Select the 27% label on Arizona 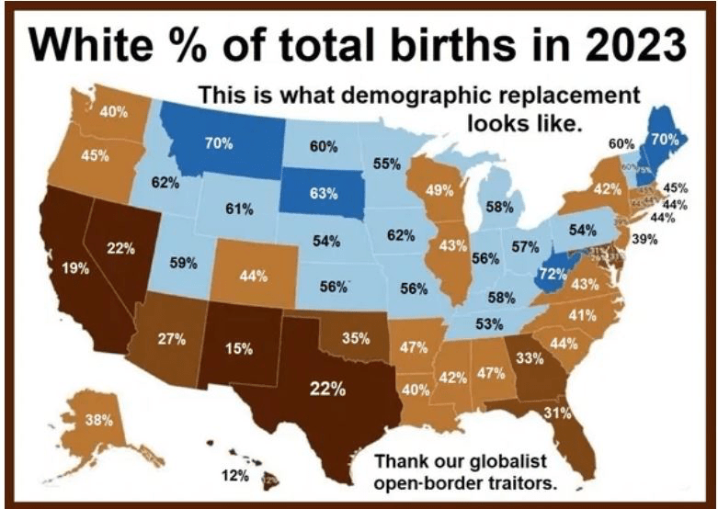pos(172,339)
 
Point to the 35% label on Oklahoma pos(356,338)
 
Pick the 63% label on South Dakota pos(324,194)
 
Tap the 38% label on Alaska pos(98,421)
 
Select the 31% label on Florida pos(558,413)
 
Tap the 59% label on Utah pos(184,263)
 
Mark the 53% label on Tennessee pos(489,324)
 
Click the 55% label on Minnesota pos(387,164)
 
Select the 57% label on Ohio pos(525,246)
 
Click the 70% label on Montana pos(219,143)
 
